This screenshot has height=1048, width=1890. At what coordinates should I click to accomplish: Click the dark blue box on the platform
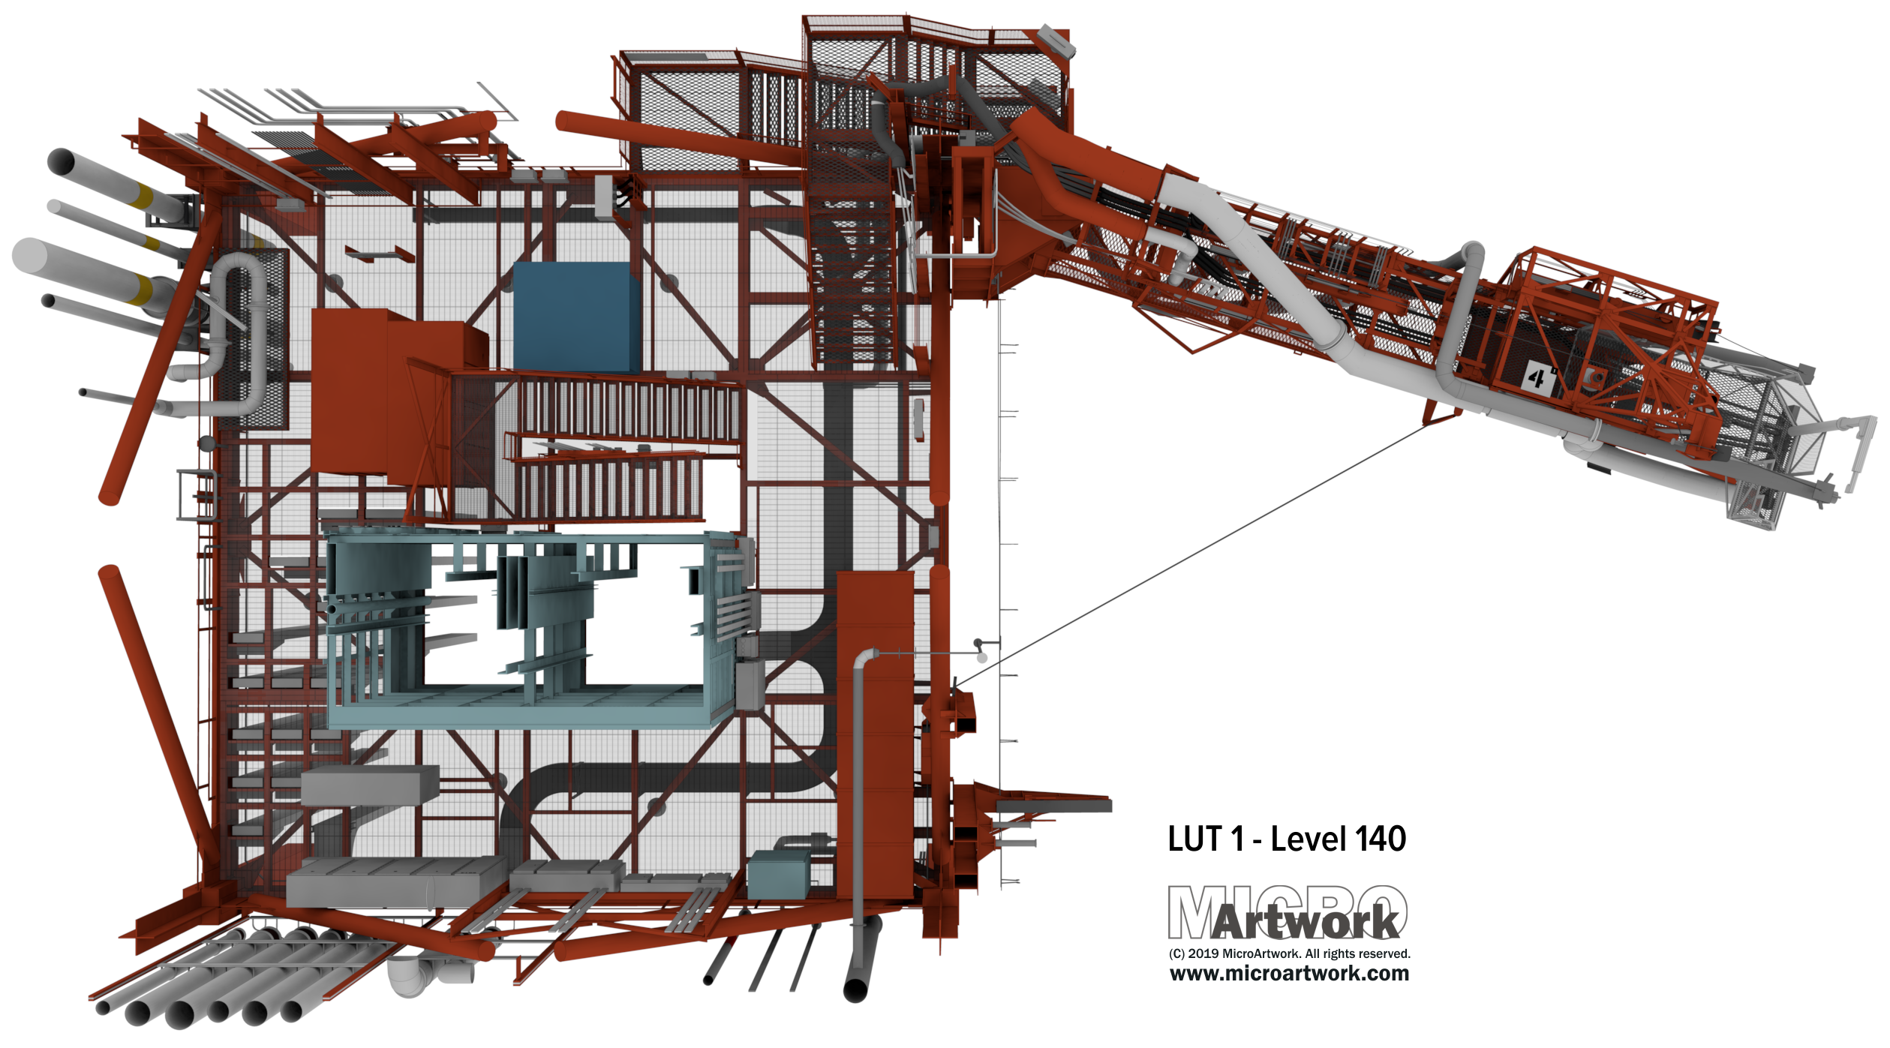[x=576, y=317]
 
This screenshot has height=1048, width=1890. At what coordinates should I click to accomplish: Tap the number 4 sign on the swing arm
[x=1537, y=377]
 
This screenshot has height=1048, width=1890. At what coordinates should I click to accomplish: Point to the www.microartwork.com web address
[x=1289, y=974]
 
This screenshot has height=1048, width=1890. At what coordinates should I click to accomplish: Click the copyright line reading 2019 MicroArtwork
[x=1289, y=953]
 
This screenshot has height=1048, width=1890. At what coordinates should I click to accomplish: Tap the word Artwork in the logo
[x=1306, y=922]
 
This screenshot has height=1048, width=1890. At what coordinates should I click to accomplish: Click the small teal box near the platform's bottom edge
[x=780, y=874]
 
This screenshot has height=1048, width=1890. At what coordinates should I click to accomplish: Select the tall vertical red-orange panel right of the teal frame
[x=875, y=735]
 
